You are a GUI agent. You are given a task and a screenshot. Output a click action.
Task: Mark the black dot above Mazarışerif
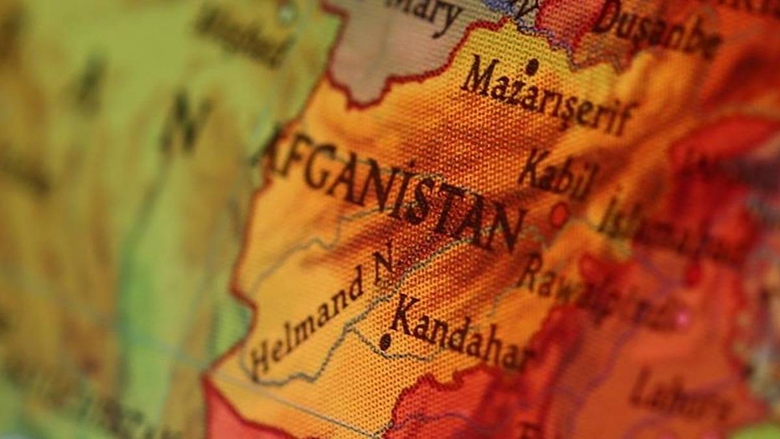click(532, 66)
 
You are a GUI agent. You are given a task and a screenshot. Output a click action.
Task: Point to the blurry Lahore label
click(669, 393)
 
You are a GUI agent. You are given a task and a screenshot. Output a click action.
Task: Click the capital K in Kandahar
click(404, 313)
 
